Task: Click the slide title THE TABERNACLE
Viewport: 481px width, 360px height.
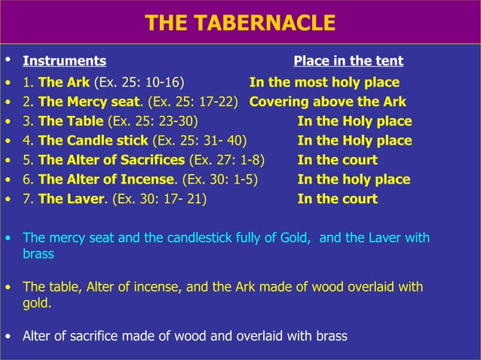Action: click(240, 23)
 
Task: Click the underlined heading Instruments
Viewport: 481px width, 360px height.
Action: click(64, 61)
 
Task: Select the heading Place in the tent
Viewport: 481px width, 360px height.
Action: click(348, 61)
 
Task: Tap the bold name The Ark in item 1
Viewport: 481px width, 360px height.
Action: click(64, 82)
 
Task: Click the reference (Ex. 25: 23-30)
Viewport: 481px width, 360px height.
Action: click(155, 121)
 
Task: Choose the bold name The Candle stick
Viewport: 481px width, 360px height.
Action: click(93, 141)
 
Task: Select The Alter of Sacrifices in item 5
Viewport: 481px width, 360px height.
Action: click(111, 160)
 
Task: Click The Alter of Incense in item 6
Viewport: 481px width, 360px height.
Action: click(106, 179)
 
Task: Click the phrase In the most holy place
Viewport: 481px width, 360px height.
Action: click(324, 82)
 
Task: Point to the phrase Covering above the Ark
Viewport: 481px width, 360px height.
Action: click(328, 102)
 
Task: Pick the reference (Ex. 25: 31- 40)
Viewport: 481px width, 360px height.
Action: click(199, 141)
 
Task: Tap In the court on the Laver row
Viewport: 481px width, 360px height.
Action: click(338, 199)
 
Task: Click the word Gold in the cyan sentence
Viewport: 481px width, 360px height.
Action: click(293, 238)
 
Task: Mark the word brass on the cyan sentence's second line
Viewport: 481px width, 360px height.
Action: click(38, 254)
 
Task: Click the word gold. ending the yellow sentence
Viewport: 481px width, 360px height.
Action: click(37, 303)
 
